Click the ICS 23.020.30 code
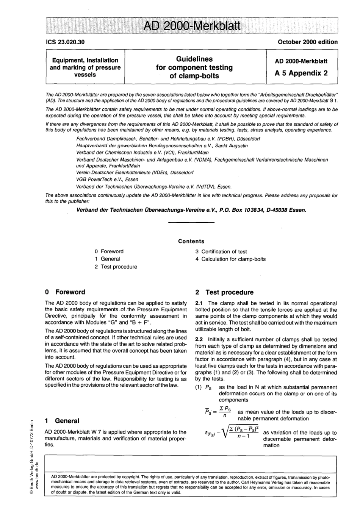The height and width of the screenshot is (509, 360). pyautogui.click(x=65, y=42)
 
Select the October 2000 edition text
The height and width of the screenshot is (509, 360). pyautogui.click(x=307, y=42)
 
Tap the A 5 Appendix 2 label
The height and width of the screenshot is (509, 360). pyautogui.click(x=301, y=73)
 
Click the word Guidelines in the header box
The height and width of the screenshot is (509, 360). pyautogui.click(x=194, y=59)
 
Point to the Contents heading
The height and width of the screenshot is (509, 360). pyautogui.click(x=191, y=241)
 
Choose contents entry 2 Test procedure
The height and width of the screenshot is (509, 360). pyautogui.click(x=116, y=267)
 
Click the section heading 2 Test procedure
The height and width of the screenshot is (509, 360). pyautogui.click(x=224, y=292)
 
